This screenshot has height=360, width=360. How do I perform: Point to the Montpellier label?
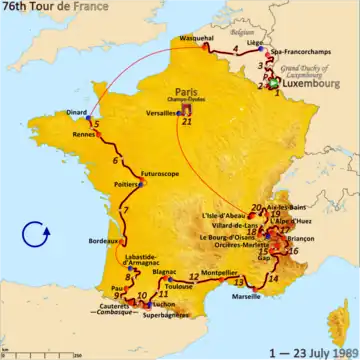click(x=226, y=271)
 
